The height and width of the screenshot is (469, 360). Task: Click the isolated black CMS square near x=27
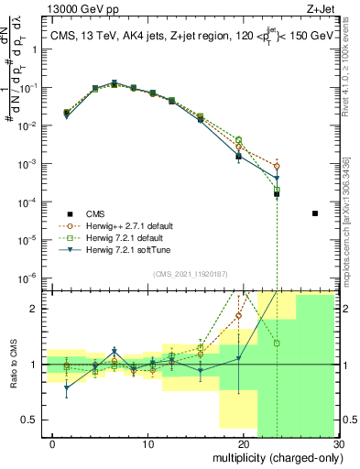314,213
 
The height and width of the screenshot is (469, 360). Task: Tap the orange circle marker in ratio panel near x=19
239,316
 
